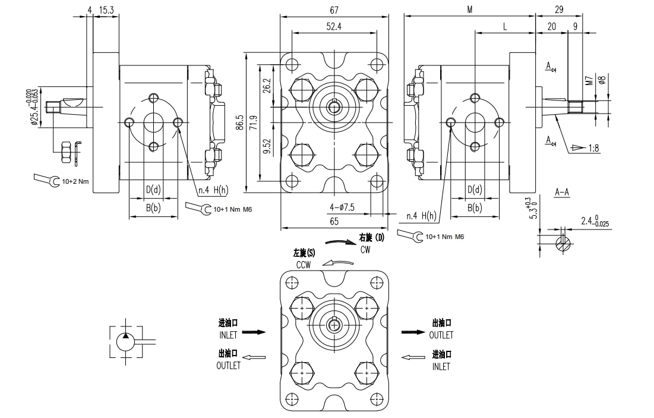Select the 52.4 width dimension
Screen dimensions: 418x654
pos(334,26)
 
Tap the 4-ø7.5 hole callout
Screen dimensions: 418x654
pos(342,207)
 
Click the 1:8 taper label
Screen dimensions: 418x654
pos(593,148)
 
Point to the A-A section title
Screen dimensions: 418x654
pos(562,192)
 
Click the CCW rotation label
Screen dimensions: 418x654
pos(304,264)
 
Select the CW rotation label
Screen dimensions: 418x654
pos(366,249)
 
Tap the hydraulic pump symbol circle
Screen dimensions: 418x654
pos(125,342)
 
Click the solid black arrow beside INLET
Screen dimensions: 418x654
pos(253,332)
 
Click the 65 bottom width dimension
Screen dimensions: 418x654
pos(334,221)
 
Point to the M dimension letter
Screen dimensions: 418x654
pos(469,10)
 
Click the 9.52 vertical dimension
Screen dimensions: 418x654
pos(267,146)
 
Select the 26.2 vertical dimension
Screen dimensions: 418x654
pos(267,87)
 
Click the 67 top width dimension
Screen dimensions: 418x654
pos(334,10)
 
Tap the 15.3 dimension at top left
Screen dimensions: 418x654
pos(106,10)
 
